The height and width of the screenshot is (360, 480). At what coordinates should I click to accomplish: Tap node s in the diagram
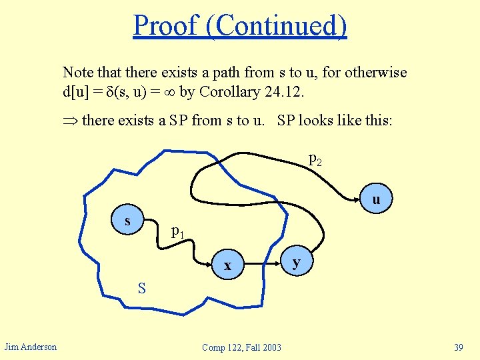pyautogui.click(x=127, y=221)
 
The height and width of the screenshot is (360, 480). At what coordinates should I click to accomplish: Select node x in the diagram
pyautogui.click(x=228, y=265)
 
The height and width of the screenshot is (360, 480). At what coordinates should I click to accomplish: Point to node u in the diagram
pyautogui.click(x=376, y=199)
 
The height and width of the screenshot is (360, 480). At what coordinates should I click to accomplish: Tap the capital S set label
pyautogui.click(x=141, y=288)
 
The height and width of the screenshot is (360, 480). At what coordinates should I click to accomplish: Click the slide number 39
pyautogui.click(x=458, y=347)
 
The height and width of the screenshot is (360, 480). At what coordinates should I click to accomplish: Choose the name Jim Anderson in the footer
pyautogui.click(x=31, y=346)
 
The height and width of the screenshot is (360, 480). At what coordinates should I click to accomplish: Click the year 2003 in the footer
pyautogui.click(x=270, y=347)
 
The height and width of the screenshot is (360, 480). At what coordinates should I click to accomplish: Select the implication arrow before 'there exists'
pyautogui.click(x=69, y=121)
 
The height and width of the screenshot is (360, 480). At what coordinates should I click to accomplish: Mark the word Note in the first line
pyautogui.click(x=78, y=72)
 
